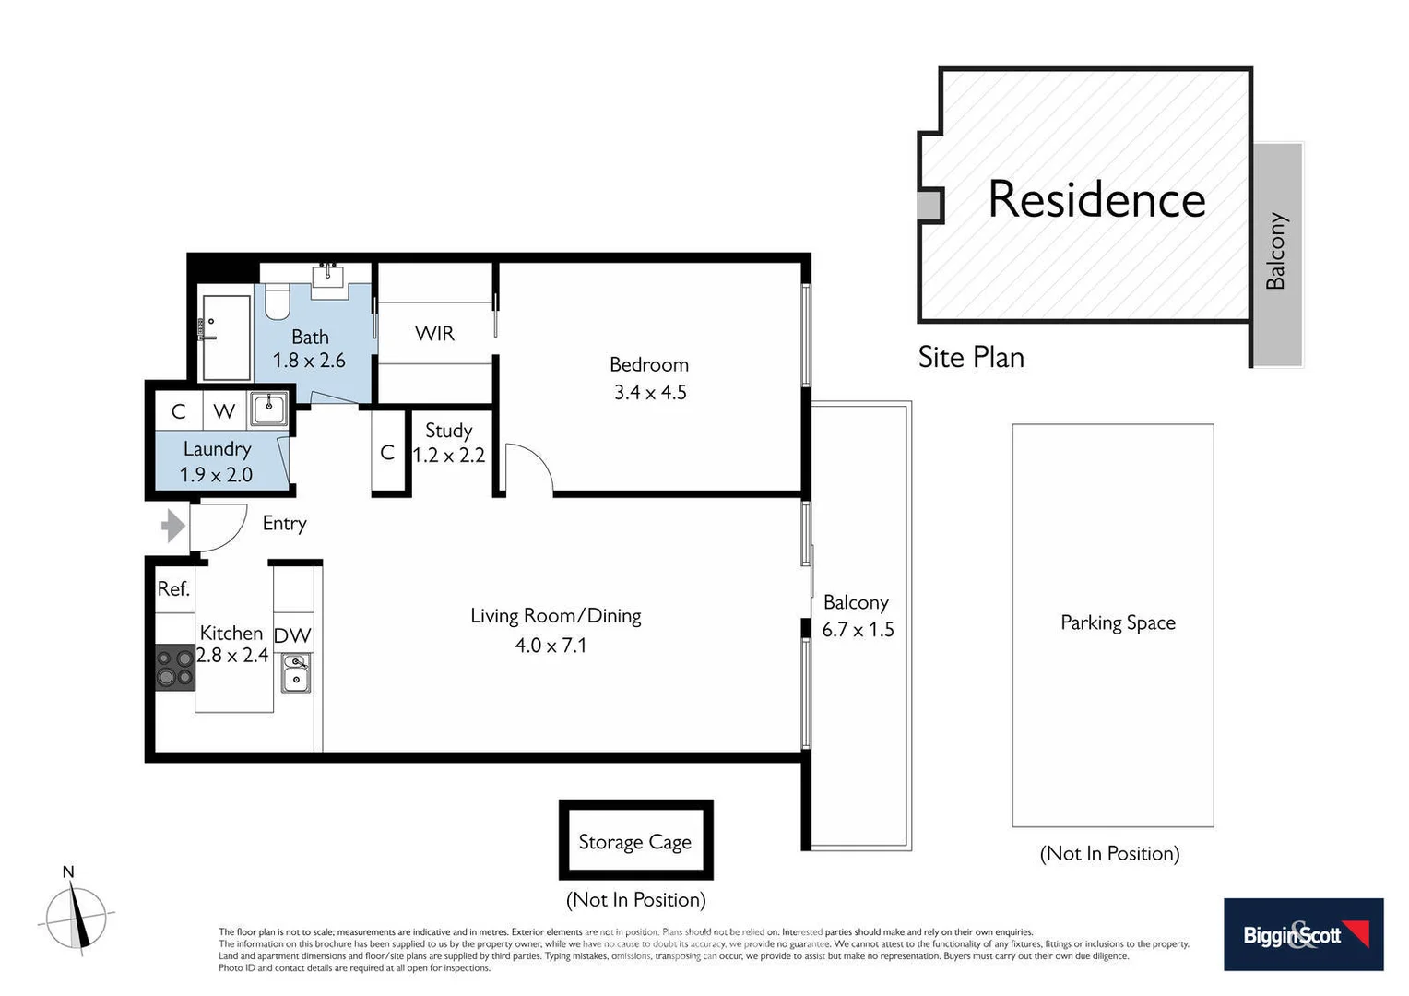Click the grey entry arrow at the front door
pos(172,527)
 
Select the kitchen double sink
pos(296,673)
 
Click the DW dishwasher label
pos(292,635)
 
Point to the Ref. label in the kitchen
pos(173,588)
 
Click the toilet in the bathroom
pos(277,301)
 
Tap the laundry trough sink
pos(269,407)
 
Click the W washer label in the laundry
pos(224,411)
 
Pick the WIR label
pos(434,333)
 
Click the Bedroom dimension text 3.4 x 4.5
pos(650,392)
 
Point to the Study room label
pos(448,431)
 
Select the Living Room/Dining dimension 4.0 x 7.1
pos(551,645)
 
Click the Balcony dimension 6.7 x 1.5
pos(858,629)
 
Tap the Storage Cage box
pos(635,840)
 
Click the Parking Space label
pos(1118,622)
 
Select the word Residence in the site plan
pos(1096,199)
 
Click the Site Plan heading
pos(971,357)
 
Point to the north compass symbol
pos(77,916)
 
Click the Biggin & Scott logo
pos(1303,934)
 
